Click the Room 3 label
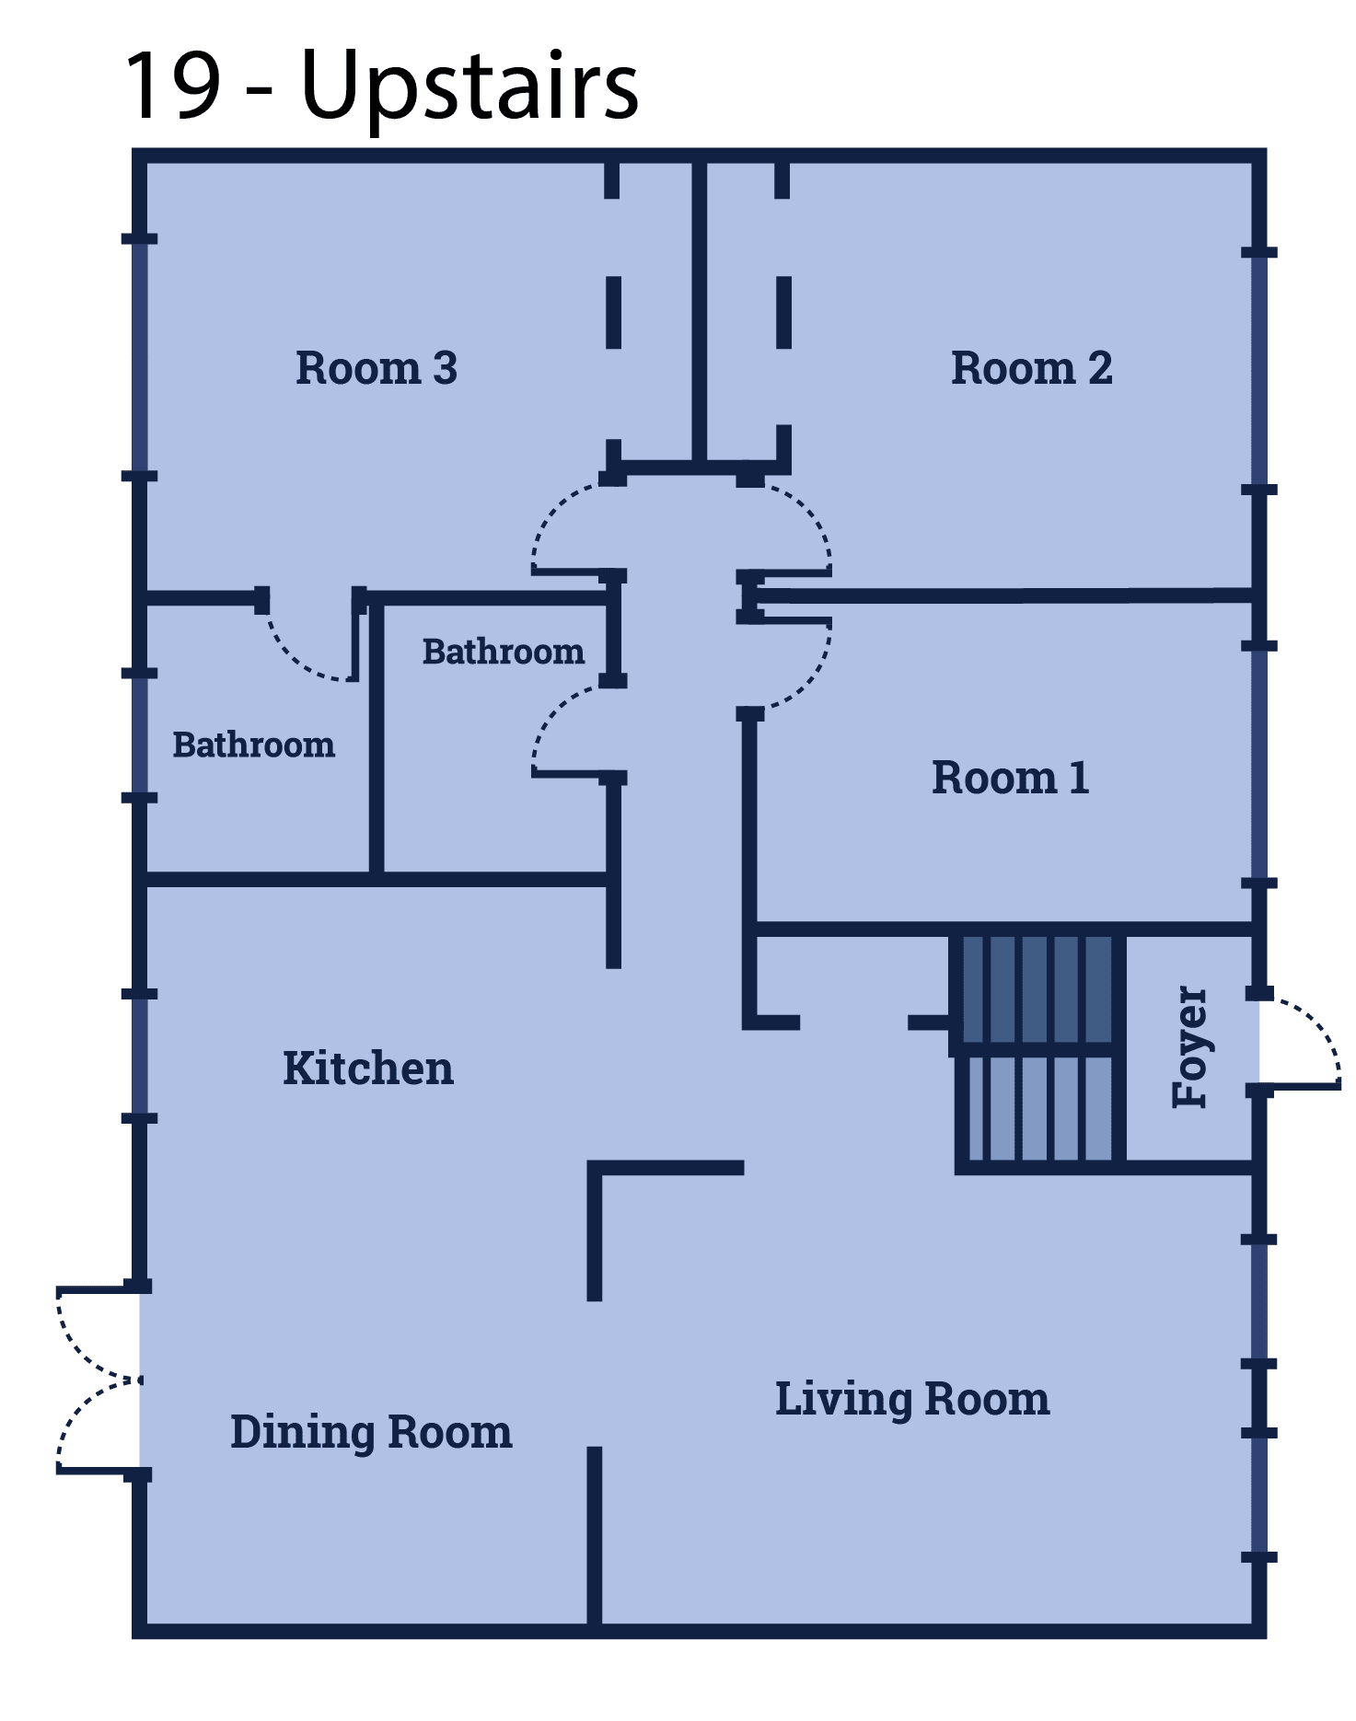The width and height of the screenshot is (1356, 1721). point(376,368)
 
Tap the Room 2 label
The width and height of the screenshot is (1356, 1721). point(1031,368)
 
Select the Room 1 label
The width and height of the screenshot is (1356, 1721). point(1010,778)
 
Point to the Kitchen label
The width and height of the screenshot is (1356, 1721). point(367,1068)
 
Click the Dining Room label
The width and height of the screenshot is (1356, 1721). point(371,1432)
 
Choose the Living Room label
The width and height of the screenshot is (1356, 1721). point(912,1399)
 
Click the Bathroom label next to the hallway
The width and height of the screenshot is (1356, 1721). point(503,652)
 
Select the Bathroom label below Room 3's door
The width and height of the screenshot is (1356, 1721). point(253,745)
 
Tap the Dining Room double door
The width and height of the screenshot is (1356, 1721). point(97,1380)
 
